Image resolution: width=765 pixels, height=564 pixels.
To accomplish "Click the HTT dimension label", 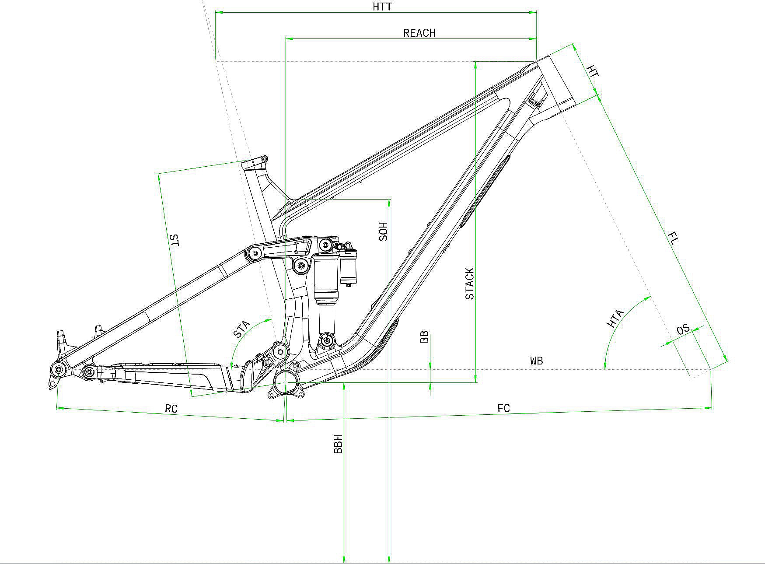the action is click(x=382, y=7).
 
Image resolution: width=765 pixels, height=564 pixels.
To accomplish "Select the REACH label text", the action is click(x=419, y=33).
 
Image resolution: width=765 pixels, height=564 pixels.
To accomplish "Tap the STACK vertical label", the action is click(x=470, y=284).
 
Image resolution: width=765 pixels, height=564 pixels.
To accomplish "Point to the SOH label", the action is click(x=384, y=231).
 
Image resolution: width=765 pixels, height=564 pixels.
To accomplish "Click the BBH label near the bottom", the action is click(x=338, y=444).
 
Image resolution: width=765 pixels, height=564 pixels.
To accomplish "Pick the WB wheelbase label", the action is click(x=537, y=361).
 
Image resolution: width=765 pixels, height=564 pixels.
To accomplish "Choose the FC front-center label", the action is click(x=504, y=408).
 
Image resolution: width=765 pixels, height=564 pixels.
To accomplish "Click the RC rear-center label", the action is click(x=171, y=409).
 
